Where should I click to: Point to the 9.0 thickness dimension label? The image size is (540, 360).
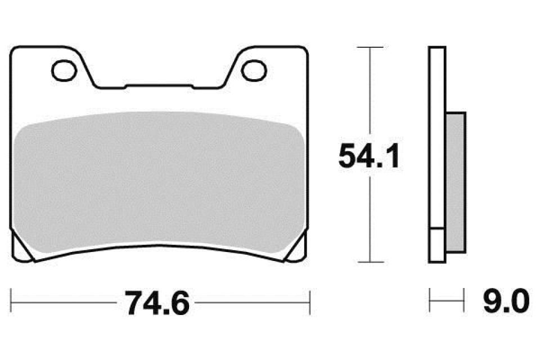(x=506, y=301)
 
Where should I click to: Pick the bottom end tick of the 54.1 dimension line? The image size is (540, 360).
(x=370, y=262)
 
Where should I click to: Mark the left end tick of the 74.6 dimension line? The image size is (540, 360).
(x=12, y=303)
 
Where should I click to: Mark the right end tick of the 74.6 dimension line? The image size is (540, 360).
(x=310, y=303)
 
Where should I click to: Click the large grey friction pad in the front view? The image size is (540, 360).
(x=159, y=180)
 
